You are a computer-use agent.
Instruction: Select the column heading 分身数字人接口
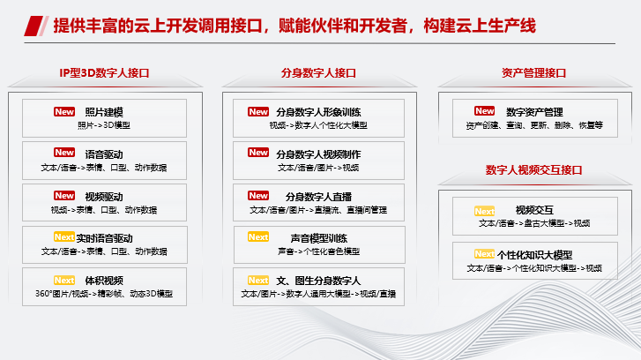[318, 73]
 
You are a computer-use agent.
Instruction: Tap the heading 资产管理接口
[533, 73]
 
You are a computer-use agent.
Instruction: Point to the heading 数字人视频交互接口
[533, 169]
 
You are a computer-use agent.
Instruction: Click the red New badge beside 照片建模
[64, 112]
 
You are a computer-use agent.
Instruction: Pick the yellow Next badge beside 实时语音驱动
[63, 238]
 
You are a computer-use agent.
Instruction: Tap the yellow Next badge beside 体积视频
[64, 281]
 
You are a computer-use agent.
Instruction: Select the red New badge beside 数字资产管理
[484, 111]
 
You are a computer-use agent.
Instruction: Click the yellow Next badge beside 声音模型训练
[258, 237]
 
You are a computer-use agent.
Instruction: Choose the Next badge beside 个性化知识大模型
[484, 254]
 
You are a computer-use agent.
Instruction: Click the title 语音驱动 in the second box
[104, 154]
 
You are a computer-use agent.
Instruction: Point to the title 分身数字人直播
[318, 196]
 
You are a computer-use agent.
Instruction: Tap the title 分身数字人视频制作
[318, 154]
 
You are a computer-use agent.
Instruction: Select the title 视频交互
[534, 210]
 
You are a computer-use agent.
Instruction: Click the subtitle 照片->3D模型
[104, 125]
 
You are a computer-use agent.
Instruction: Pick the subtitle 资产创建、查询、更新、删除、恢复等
[533, 125]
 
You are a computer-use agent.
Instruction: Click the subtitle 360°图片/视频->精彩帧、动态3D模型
[104, 294]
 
